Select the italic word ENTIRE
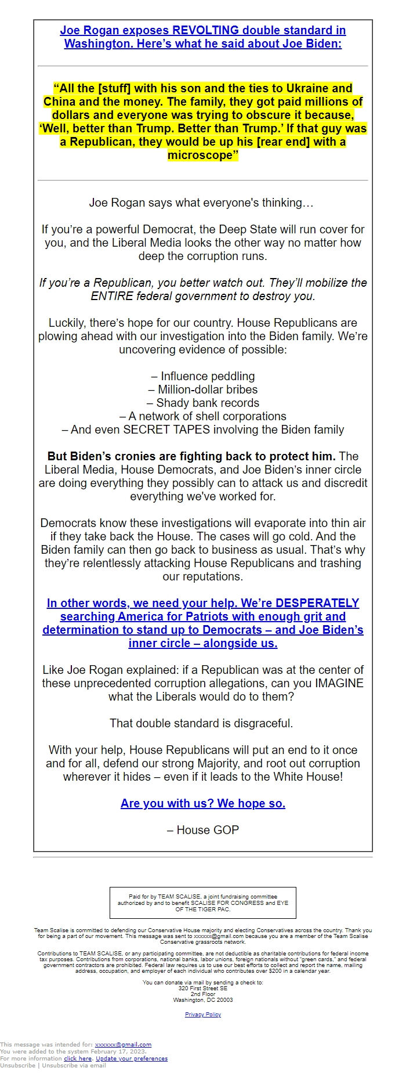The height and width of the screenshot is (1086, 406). coord(113,296)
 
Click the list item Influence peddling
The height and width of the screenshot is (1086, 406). coord(203,376)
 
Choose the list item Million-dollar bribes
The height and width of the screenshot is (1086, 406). coord(203,389)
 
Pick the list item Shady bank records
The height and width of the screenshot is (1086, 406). coord(203,403)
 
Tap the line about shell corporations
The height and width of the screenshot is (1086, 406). coord(203,416)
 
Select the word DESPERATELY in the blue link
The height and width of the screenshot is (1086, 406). coord(317,603)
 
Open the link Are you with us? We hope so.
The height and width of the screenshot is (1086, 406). coord(203,803)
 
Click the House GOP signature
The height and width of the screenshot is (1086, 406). coord(203,830)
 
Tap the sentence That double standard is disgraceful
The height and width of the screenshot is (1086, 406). coord(201,723)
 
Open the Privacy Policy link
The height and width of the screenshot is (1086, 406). coord(203,1015)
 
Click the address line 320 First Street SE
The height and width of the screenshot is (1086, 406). coord(203,988)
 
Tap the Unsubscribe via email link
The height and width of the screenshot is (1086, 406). coord(74,1065)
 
